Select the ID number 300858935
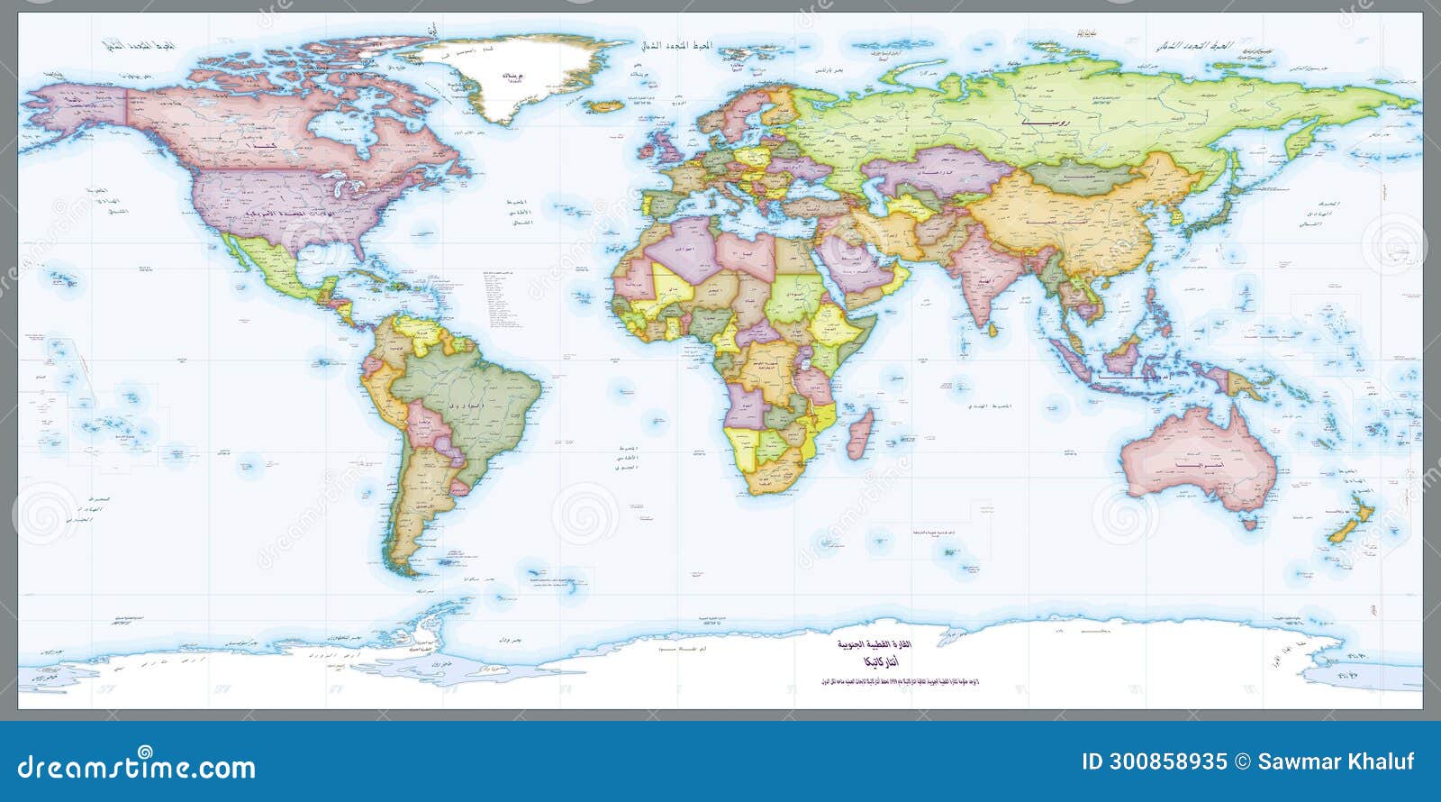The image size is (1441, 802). [x=1155, y=761]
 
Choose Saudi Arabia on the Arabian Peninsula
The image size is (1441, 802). [x=851, y=266]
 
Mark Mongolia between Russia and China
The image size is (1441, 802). [x=1072, y=176]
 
